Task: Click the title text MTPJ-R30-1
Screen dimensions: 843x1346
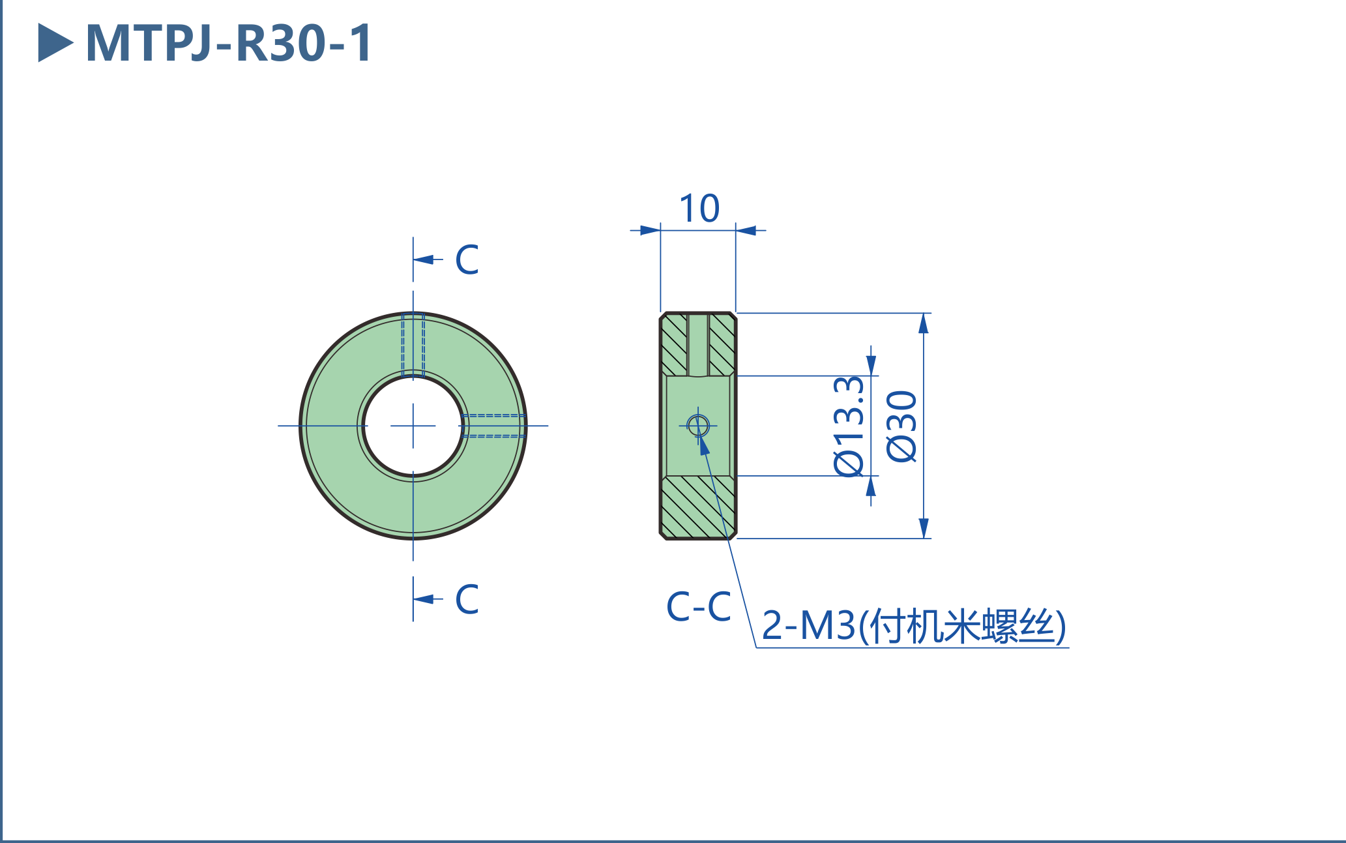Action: [228, 43]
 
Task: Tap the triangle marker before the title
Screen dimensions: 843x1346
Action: [53, 43]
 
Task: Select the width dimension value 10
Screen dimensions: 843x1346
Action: [699, 209]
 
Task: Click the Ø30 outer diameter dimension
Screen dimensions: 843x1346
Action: [903, 426]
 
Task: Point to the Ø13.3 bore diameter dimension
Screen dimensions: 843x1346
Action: [849, 426]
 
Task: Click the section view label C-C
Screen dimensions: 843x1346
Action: [698, 606]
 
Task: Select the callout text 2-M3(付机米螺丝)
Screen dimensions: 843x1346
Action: [913, 626]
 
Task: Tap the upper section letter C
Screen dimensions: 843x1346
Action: [467, 259]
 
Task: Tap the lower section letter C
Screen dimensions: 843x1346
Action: [467, 599]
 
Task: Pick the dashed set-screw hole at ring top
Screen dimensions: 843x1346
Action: [413, 344]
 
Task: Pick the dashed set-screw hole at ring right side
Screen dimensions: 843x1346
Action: [493, 426]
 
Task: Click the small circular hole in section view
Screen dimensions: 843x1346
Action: [698, 426]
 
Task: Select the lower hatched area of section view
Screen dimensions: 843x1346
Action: [698, 507]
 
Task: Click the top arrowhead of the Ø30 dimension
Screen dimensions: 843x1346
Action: [923, 323]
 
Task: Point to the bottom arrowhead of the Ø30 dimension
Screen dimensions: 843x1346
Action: [923, 528]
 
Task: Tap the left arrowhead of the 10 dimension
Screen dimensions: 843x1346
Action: [650, 230]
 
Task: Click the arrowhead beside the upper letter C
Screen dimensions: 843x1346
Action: [424, 259]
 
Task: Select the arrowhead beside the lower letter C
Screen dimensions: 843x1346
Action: [424, 599]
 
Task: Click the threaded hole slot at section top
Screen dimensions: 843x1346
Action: [698, 344]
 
